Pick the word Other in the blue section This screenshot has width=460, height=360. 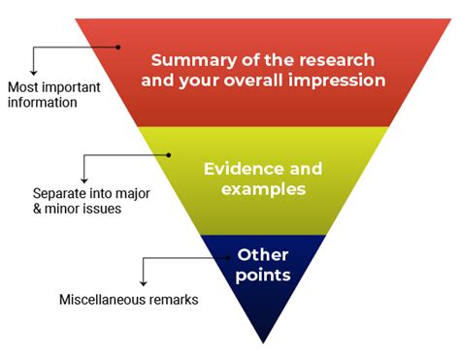pyautogui.click(x=262, y=255)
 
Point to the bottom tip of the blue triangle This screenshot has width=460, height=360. pyautogui.click(x=263, y=342)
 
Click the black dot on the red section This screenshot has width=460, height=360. pyautogui.click(x=118, y=46)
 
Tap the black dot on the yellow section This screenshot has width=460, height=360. pyautogui.click(x=168, y=153)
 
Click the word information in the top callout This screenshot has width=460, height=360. pyautogui.click(x=42, y=102)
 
